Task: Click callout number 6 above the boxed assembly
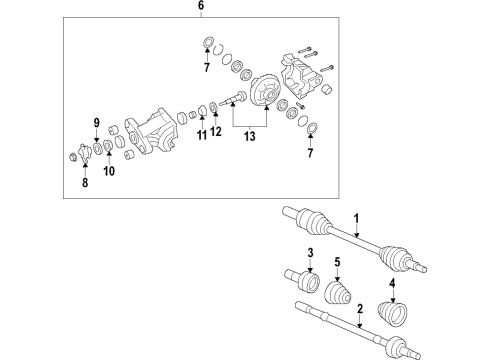pos(200,6)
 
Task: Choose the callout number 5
pos(83,182)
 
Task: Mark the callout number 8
pos(96,125)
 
